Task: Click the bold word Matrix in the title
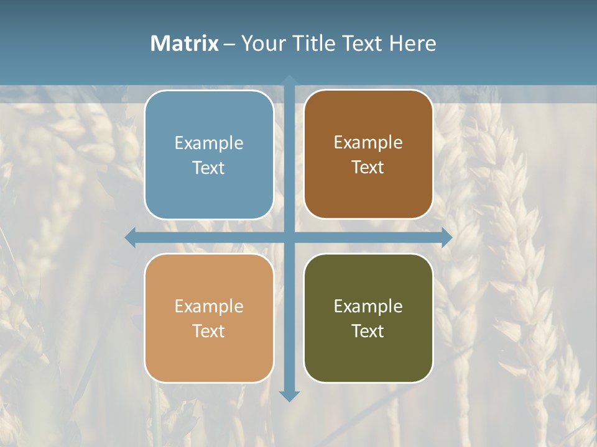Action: tap(185, 43)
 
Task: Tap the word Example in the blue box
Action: tap(209, 143)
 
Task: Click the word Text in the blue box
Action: tap(209, 168)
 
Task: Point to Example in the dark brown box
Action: tap(368, 143)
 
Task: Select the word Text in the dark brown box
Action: tap(368, 167)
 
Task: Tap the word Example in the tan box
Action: tap(209, 306)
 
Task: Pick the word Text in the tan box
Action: tap(209, 331)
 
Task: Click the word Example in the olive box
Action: tap(368, 306)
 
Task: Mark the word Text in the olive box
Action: tap(368, 331)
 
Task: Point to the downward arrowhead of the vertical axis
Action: tap(289, 395)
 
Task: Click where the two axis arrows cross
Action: tap(289, 237)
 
